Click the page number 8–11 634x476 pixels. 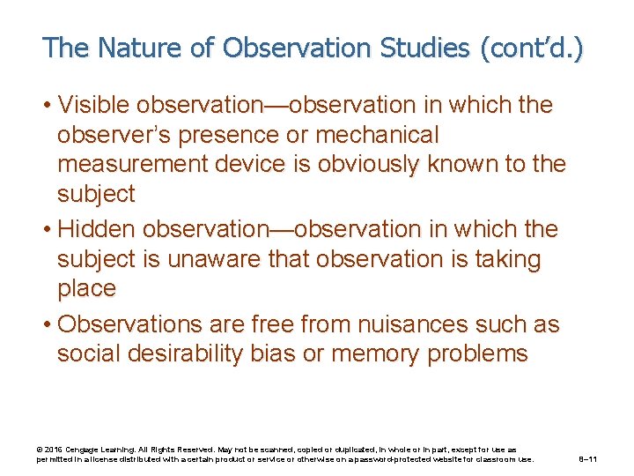coord(588,459)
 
